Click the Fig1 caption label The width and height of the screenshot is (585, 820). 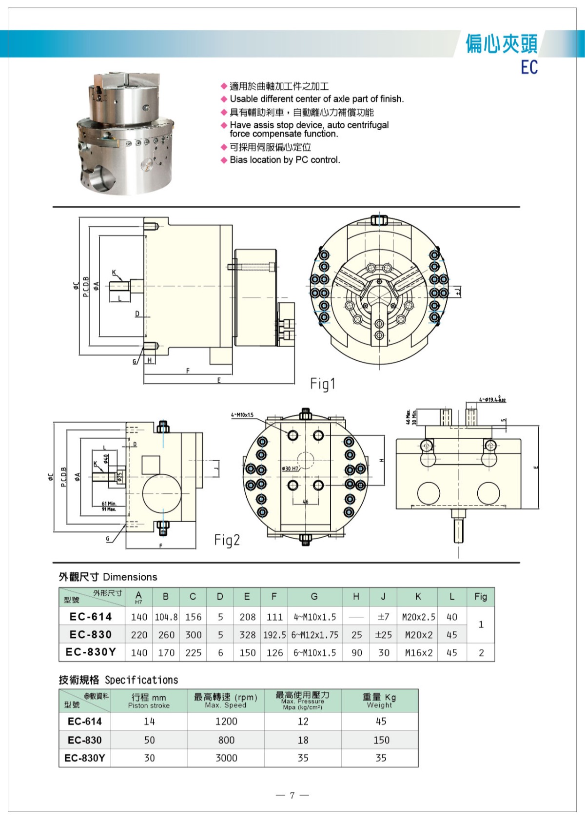point(323,384)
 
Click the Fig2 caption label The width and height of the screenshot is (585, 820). point(227,540)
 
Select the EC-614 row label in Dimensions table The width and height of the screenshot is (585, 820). point(91,617)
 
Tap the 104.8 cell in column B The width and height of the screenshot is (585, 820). point(166,617)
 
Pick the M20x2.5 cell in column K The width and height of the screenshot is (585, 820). point(418,617)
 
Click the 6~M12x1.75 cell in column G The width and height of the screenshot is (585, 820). point(314,635)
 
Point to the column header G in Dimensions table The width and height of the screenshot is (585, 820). point(314,596)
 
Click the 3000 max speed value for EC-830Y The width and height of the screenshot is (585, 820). point(226,758)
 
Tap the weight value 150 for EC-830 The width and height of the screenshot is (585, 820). point(381,740)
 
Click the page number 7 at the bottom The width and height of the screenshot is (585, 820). point(292,795)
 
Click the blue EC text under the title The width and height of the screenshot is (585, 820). point(529,67)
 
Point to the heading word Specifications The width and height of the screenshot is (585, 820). point(141,680)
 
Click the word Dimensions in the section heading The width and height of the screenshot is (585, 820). point(130,577)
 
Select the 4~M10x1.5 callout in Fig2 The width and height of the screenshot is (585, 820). point(242,415)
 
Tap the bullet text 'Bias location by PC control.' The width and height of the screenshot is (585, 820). point(285,160)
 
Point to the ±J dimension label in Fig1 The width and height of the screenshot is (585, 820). point(457,292)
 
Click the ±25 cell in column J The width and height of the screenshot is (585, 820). point(384,635)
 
